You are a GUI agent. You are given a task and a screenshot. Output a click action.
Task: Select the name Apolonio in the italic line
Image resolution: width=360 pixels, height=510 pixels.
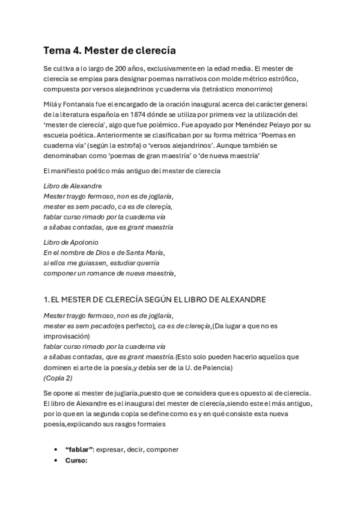(82, 242)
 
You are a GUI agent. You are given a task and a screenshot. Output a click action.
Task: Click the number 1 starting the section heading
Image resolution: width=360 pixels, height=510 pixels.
(46, 300)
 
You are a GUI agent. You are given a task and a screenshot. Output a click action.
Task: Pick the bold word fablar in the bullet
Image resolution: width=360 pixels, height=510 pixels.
(79, 450)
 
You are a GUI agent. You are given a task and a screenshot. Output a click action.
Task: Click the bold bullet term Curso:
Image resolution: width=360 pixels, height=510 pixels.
(76, 460)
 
